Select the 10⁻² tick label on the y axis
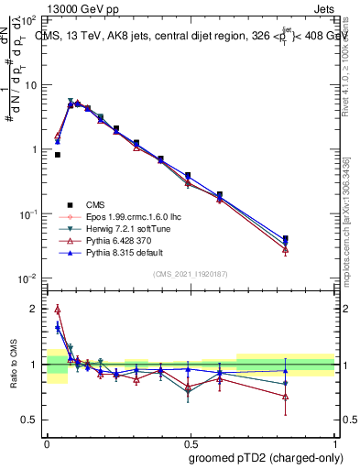click(x=27, y=278)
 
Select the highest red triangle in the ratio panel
click(x=58, y=309)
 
